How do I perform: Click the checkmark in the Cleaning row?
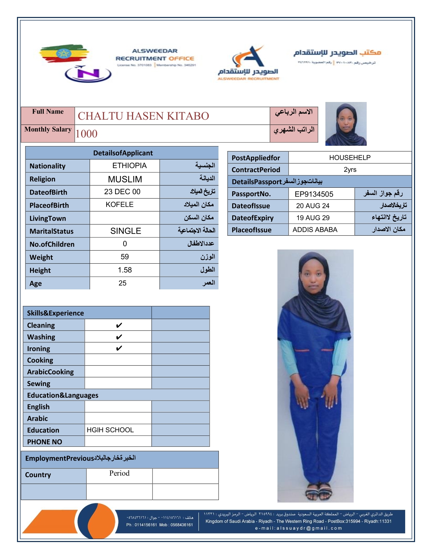(x=119, y=325)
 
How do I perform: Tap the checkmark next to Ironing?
(x=119, y=348)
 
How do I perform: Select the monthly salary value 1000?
(x=86, y=134)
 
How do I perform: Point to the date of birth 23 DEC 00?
(x=122, y=192)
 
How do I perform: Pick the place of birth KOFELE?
(x=120, y=205)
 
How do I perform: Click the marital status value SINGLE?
(x=126, y=231)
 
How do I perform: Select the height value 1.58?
(x=125, y=270)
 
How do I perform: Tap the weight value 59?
(x=125, y=257)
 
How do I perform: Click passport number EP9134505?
(x=314, y=194)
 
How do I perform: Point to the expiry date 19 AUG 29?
(x=313, y=218)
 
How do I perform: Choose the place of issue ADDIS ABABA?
(x=315, y=230)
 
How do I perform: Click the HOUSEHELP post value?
(x=350, y=157)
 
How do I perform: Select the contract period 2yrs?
(x=350, y=169)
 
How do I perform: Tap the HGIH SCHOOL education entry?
(x=110, y=430)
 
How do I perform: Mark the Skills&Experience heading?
(x=55, y=313)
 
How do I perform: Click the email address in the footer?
(x=298, y=528)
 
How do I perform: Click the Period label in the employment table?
(x=119, y=473)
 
